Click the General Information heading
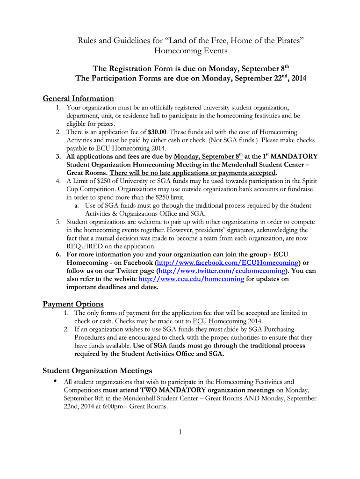click(78, 99)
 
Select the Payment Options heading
click(73, 305)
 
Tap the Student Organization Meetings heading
click(97, 371)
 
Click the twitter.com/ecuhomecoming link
click(222, 271)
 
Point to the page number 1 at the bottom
click(180, 432)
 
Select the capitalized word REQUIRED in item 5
click(86, 246)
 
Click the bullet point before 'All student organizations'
click(56, 382)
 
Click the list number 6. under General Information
click(58, 254)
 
